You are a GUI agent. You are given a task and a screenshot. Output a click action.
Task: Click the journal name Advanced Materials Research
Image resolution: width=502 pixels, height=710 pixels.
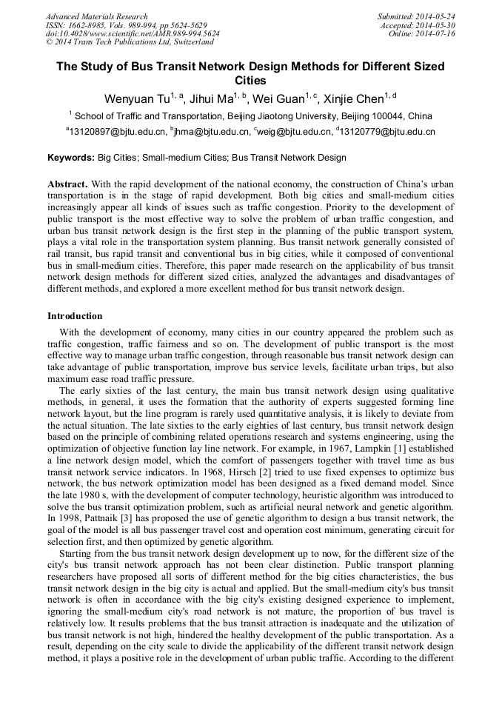(x=96, y=16)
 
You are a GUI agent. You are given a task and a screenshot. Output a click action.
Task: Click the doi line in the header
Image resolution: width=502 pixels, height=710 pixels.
(x=133, y=34)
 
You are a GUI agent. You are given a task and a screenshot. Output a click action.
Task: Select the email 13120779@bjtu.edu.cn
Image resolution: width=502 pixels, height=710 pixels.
(x=387, y=133)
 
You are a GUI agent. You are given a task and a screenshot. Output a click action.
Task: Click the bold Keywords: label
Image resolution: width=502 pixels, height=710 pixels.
(x=71, y=158)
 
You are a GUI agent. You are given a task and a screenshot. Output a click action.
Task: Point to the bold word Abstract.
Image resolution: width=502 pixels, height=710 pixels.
(x=67, y=183)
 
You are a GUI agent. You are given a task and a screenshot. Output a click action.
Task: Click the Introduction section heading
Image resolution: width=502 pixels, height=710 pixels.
(x=75, y=316)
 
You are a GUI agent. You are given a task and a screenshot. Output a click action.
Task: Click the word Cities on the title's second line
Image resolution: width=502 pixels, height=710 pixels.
(x=250, y=81)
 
